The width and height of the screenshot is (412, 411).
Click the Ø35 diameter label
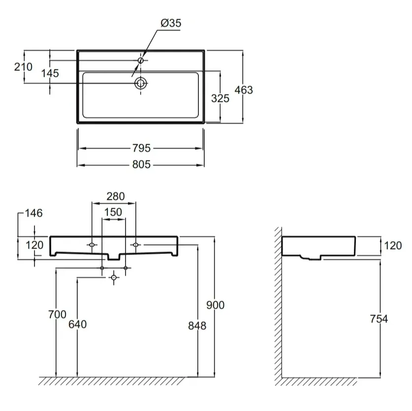[x=171, y=23]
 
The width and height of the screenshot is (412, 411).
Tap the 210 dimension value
[x=23, y=67]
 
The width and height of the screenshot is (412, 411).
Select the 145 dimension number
[x=50, y=73]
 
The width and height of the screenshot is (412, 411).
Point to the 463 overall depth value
[x=244, y=90]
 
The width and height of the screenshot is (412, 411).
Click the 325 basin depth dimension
[x=220, y=98]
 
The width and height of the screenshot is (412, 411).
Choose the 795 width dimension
[x=141, y=148]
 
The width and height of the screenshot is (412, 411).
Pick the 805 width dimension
[x=141, y=164]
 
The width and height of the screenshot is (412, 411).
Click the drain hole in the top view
[x=141, y=83]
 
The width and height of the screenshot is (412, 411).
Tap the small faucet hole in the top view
[x=141, y=61]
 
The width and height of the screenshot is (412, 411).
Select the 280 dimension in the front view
[x=116, y=196]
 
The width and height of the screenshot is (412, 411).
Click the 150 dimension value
[x=113, y=212]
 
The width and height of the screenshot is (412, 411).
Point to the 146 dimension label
[x=33, y=213]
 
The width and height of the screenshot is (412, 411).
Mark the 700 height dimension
[x=57, y=315]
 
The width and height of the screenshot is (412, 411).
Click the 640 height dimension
[x=77, y=324]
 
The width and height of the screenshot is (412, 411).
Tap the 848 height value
[x=197, y=326]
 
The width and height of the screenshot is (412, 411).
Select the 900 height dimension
[x=216, y=305]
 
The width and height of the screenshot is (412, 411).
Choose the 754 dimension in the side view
[x=379, y=319]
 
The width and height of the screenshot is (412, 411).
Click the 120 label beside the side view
[x=393, y=246]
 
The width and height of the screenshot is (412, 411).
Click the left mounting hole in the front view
[x=92, y=245]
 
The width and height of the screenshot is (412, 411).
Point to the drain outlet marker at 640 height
[x=114, y=278]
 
